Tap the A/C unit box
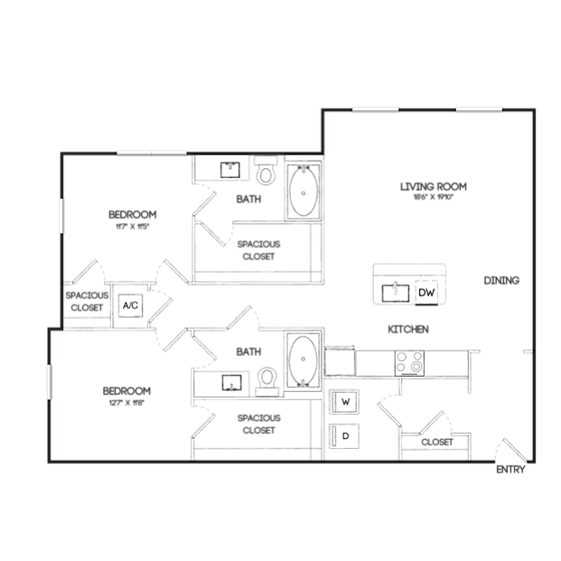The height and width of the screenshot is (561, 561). (x=130, y=306)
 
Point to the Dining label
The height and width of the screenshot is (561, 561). (x=500, y=281)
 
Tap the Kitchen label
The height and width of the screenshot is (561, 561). (x=407, y=330)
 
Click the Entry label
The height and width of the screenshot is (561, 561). (x=510, y=469)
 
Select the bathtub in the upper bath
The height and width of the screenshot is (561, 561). (x=304, y=191)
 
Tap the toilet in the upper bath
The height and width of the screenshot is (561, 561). (x=266, y=171)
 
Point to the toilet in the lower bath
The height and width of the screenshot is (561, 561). (x=266, y=380)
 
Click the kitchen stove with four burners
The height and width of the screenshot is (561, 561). (x=409, y=362)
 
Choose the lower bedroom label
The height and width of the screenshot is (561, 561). (x=126, y=390)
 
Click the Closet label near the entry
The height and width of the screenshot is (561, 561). (x=436, y=443)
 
